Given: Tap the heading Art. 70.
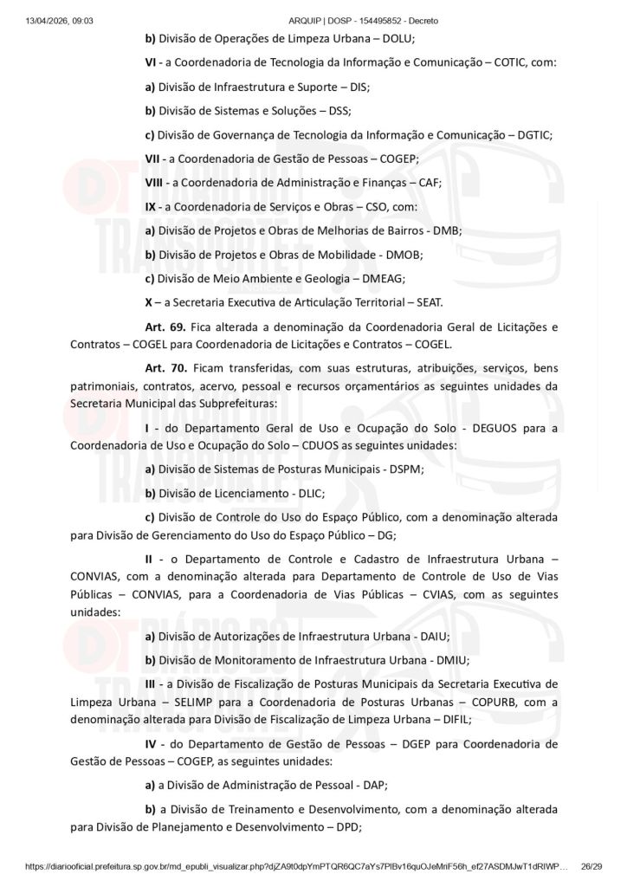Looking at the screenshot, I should (162, 368).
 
